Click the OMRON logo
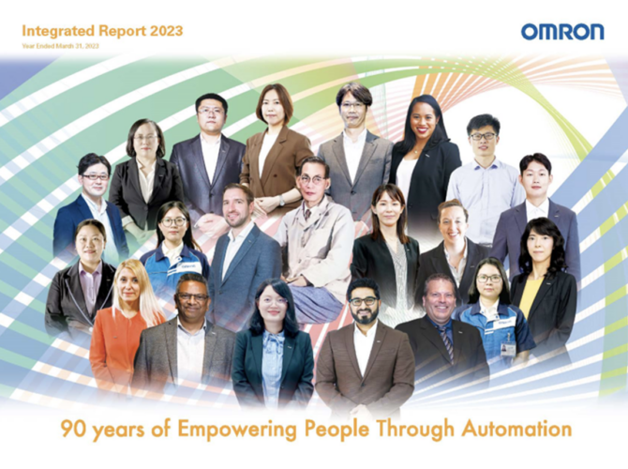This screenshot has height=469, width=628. (562, 32)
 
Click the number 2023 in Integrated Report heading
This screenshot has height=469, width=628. (166, 31)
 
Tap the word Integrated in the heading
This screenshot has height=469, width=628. (58, 31)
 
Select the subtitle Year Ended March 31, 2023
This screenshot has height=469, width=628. (61, 46)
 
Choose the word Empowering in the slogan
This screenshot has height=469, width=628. (237, 431)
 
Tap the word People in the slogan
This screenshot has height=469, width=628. (336, 431)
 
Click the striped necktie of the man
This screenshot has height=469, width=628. (447, 343)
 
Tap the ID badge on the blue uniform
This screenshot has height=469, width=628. (508, 348)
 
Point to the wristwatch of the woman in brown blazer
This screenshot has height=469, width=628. (282, 201)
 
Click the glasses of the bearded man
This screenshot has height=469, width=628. (363, 301)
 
